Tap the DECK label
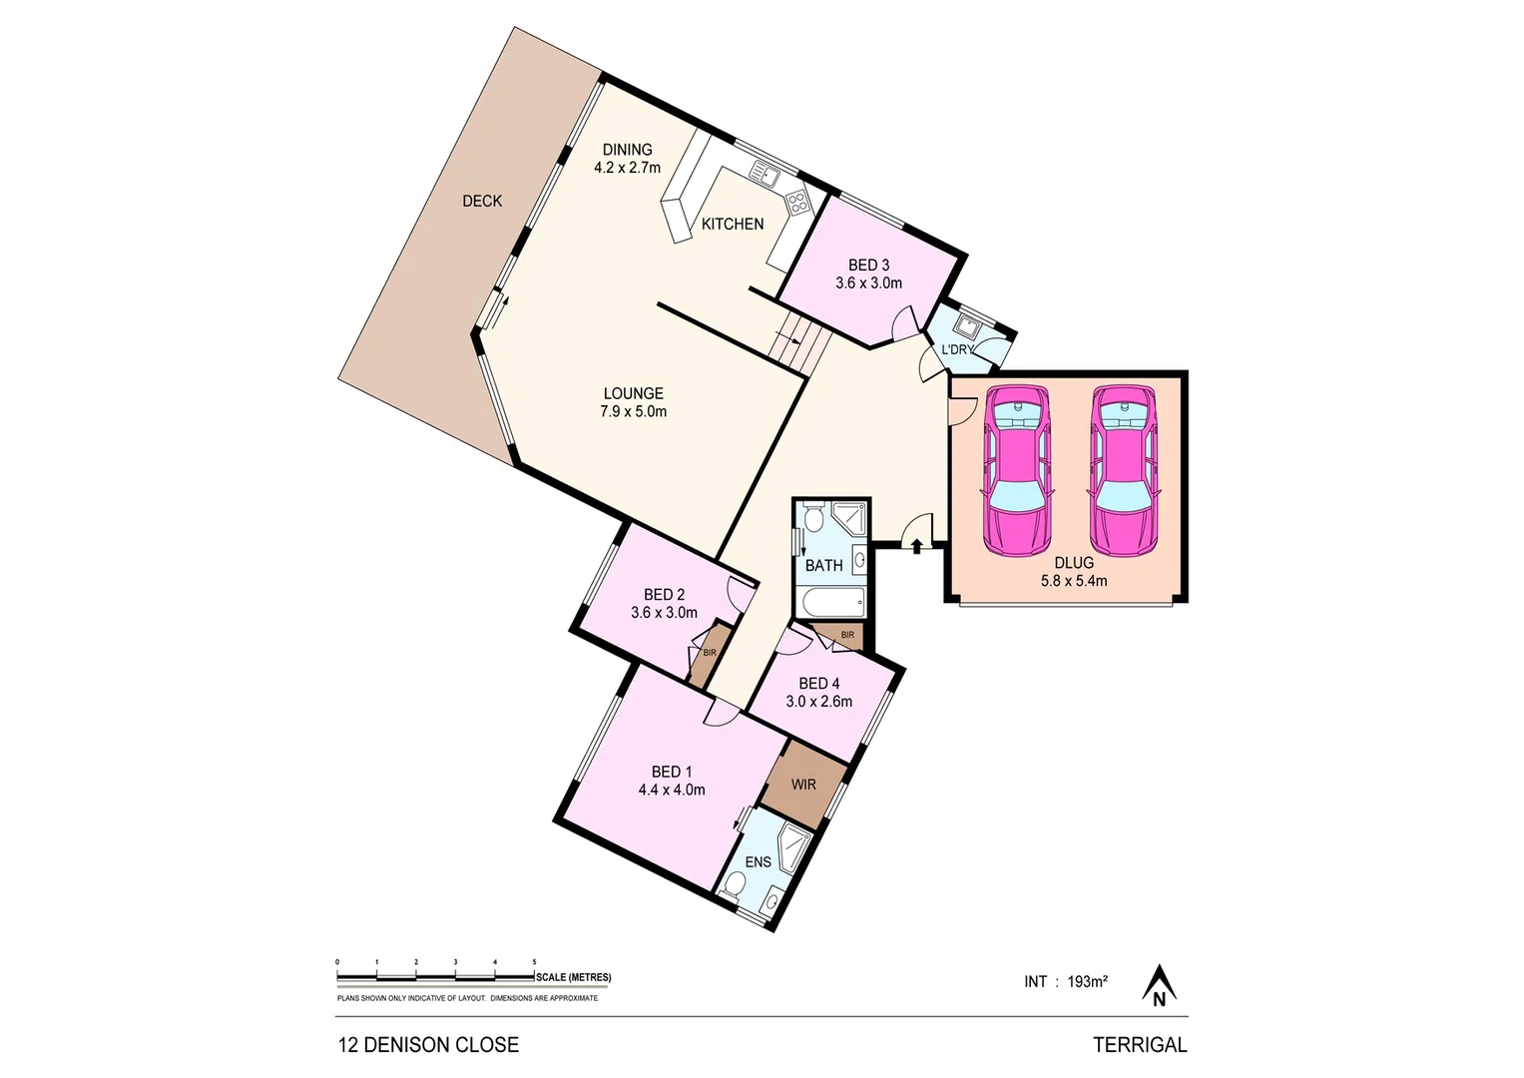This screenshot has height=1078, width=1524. [x=482, y=202]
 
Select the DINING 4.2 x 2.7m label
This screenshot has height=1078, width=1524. [x=627, y=159]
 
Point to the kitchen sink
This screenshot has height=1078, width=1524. [x=764, y=175]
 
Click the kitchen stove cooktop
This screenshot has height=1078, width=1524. [x=797, y=204]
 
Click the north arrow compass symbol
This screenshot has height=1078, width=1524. [x=1159, y=985]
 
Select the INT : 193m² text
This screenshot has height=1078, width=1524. [x=1065, y=982]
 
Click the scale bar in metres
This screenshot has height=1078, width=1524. [x=436, y=977]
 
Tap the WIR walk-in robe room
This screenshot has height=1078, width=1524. [x=803, y=785]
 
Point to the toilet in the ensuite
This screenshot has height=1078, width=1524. [x=734, y=885]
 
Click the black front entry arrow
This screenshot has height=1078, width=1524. [x=916, y=546]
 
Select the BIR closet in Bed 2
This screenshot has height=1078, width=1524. [x=708, y=654]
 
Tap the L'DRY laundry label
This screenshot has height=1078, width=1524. [x=957, y=349]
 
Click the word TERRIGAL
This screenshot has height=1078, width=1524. [x=1140, y=1045]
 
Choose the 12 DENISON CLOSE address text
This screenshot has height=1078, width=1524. [x=428, y=1045]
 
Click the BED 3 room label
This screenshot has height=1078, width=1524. [x=868, y=274]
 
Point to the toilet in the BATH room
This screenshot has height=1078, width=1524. [x=812, y=519]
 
